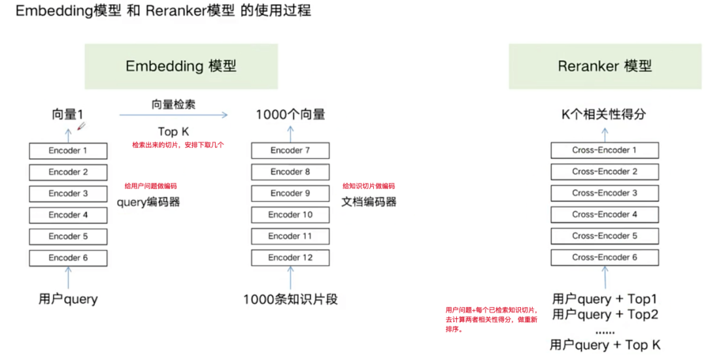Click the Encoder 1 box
(68, 151)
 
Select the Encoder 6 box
(68, 257)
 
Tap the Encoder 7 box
(290, 151)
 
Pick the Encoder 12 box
(290, 257)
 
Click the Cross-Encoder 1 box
(604, 150)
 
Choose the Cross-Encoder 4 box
(604, 214)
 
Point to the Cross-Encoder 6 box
(604, 257)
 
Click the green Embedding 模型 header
(181, 66)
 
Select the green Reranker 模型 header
(605, 66)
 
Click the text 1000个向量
(290, 114)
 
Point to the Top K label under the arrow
(173, 132)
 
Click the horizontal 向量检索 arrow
(173, 115)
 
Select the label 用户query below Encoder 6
(68, 299)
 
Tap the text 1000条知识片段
(290, 300)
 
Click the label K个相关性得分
(604, 114)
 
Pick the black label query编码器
(148, 202)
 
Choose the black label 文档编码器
(369, 202)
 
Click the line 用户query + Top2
(605, 315)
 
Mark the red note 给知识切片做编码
(369, 186)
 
